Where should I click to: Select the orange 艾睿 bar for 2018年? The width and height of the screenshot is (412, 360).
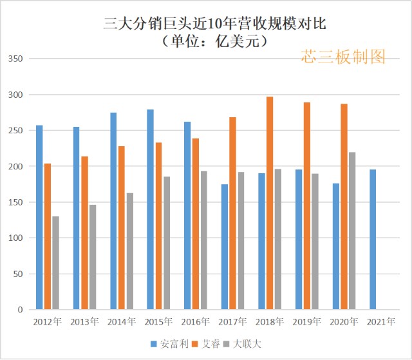[x=270, y=204]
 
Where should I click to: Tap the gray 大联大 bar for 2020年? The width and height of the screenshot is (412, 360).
[x=352, y=231]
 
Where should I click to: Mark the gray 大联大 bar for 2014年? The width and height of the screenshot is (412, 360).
[x=129, y=251]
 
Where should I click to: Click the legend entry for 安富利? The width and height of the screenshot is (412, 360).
[x=170, y=344]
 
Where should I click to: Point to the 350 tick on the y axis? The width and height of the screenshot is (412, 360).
[x=15, y=59]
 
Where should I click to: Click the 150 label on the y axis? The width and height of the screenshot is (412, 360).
[x=15, y=202]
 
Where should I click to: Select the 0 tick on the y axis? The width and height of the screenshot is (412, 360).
[x=20, y=310]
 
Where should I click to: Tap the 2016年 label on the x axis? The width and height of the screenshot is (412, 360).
[x=196, y=321]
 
